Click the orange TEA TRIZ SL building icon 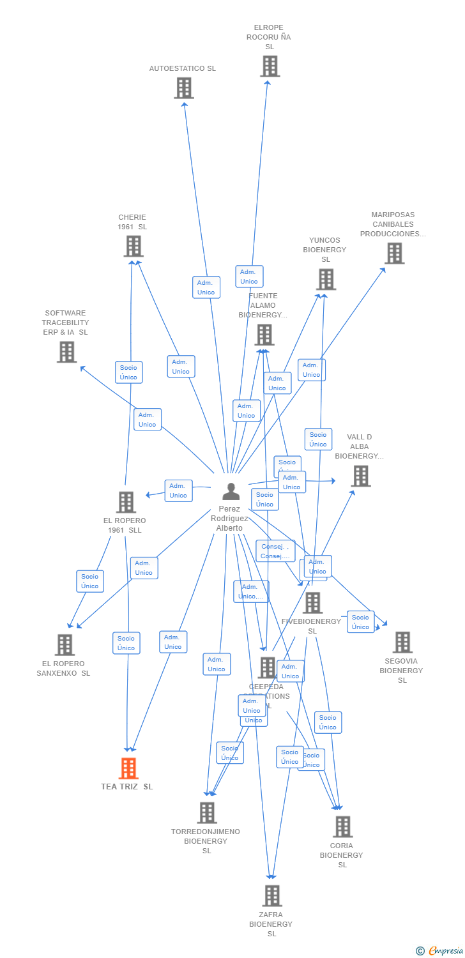coord(128,768)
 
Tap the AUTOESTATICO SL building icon coord(184,88)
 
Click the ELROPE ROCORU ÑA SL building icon coord(270,66)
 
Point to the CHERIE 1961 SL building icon coord(133,247)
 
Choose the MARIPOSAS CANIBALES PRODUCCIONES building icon coord(394,254)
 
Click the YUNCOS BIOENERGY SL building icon coord(326,280)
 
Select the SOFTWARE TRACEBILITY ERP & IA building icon coord(66,352)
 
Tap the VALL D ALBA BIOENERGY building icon coord(360,476)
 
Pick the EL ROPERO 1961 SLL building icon coord(126,502)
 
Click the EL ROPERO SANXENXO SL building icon coord(65,645)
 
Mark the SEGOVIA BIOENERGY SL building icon coord(402,642)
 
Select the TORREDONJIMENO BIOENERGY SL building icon coord(207,813)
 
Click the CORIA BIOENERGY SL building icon coord(342,827)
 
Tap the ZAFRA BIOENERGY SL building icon coord(272,896)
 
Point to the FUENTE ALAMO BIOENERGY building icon coord(264,335)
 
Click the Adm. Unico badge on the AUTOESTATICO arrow coord(206,287)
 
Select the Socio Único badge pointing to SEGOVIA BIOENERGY coord(360,622)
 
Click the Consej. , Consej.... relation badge coord(275,551)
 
